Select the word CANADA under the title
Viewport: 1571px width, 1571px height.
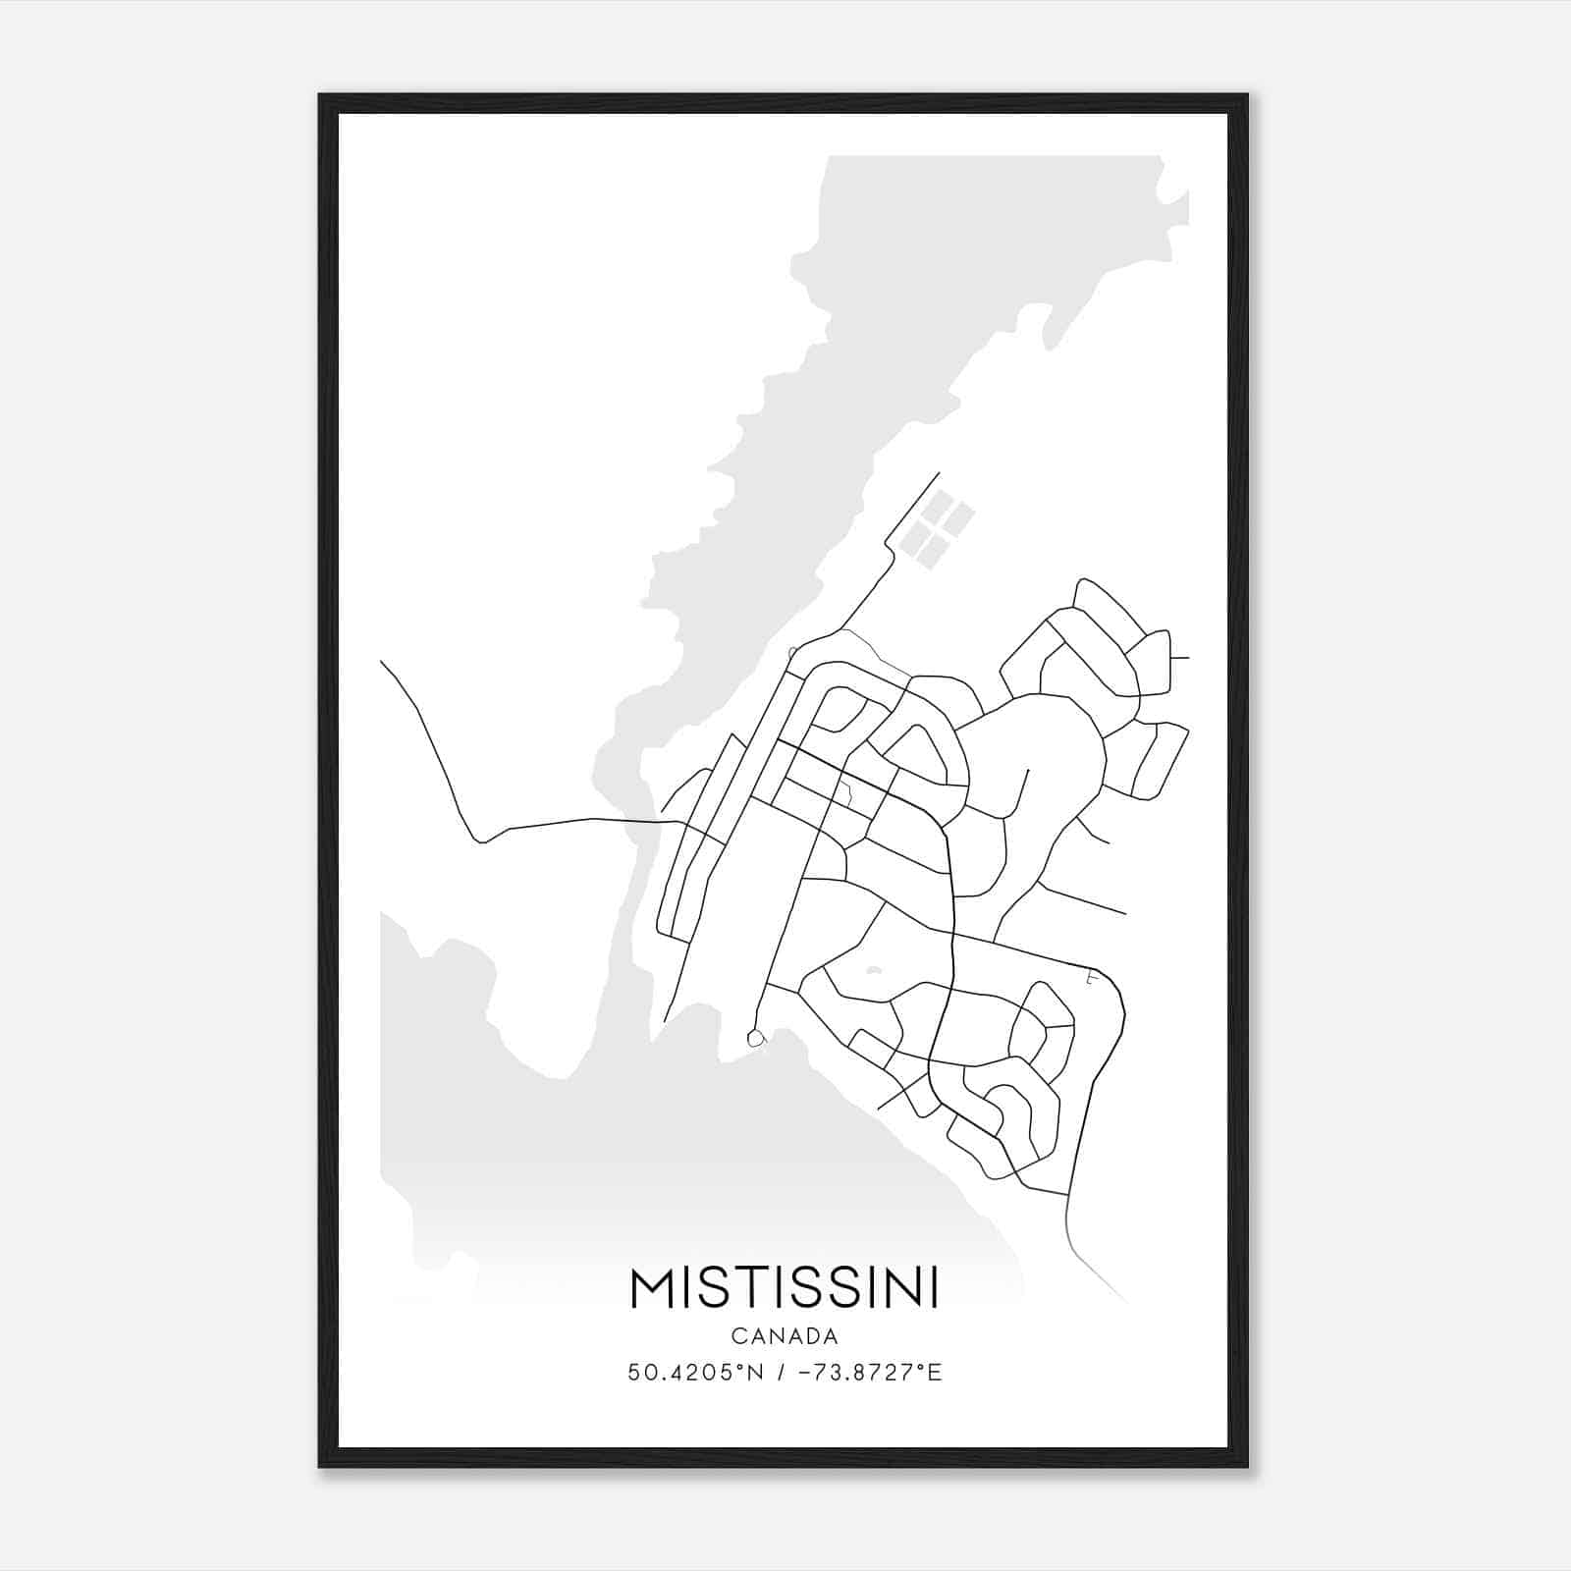pos(784,1335)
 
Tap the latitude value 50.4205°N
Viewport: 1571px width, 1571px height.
pos(695,1373)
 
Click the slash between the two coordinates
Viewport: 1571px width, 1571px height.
pos(780,1373)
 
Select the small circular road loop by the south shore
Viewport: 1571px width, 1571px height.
pos(755,1037)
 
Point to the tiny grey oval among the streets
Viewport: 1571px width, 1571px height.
pos(874,972)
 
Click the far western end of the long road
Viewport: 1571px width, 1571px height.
pos(382,663)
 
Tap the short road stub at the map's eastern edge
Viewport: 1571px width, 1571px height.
pos(1180,658)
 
